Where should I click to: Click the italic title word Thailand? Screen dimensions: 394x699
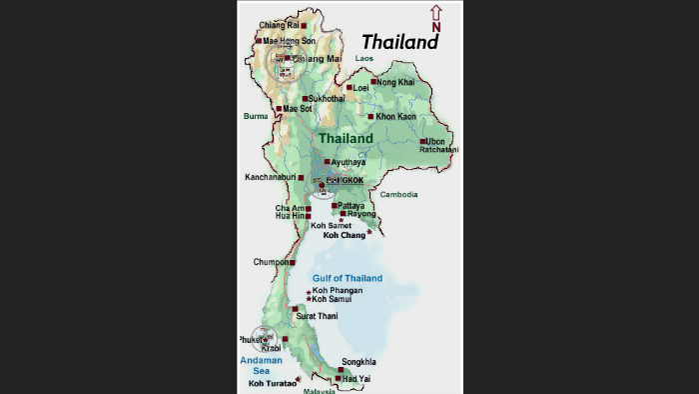pos(399,42)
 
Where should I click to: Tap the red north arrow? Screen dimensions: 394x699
pos(435,18)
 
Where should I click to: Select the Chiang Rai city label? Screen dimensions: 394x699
pos(279,25)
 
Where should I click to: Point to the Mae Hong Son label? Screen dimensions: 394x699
pos(289,41)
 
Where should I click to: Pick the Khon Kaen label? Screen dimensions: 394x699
pos(396,117)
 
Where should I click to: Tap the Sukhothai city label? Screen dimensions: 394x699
pos(328,99)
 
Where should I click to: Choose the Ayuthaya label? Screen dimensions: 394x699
pos(349,162)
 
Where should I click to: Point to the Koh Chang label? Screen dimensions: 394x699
pos(345,235)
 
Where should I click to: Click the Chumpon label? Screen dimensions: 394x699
pos(270,262)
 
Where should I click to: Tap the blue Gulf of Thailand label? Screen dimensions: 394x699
pos(348,278)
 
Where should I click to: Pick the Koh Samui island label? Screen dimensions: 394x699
pos(333,299)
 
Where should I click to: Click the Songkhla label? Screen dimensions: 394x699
pos(358,362)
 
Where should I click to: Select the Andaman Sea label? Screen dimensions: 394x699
pos(261,365)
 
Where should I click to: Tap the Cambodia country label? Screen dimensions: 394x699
pos(398,194)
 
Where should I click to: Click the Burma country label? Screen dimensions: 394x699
pos(256,116)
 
